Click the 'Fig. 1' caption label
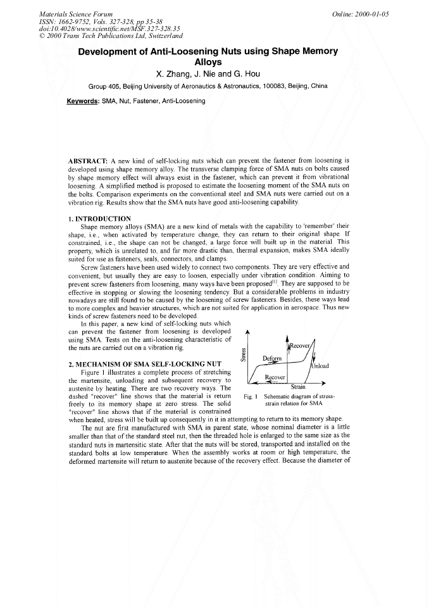click(x=249, y=397)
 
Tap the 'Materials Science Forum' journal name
click(x=76, y=13)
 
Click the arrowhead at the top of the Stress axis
click(x=247, y=332)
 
